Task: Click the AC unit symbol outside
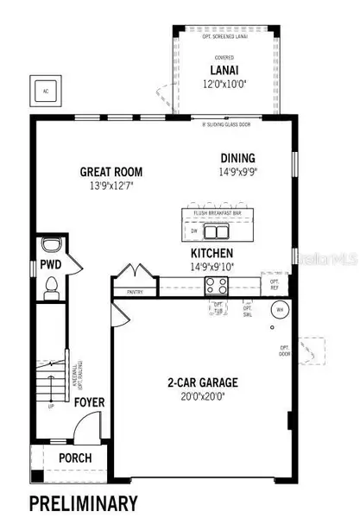(x=44, y=90)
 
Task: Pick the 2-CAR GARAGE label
(x=205, y=382)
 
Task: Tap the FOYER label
(x=88, y=401)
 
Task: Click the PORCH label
(x=75, y=458)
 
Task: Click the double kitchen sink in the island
(x=217, y=231)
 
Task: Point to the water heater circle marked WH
(x=279, y=309)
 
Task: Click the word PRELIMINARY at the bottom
(x=84, y=502)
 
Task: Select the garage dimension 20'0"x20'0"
(x=205, y=395)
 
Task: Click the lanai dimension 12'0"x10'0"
(x=227, y=85)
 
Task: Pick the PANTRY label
(x=135, y=292)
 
